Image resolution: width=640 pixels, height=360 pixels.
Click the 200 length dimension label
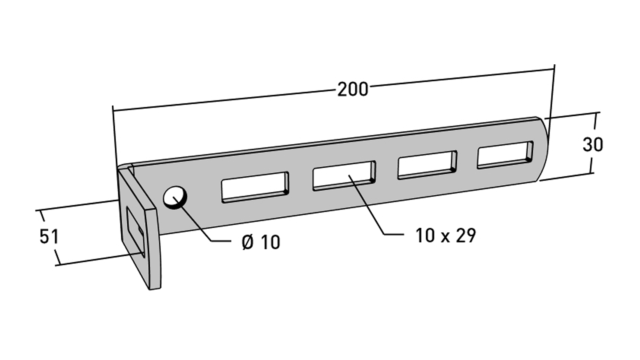(353, 90)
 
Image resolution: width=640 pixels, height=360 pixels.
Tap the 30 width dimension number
(593, 145)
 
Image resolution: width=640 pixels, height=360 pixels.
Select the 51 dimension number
(49, 237)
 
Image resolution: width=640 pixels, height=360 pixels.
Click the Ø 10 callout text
(261, 242)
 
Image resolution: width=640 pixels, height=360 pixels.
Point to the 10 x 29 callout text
(446, 236)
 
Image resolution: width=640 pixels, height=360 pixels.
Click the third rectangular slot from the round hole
(427, 165)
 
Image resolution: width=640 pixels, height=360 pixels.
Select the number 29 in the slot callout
(466, 236)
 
